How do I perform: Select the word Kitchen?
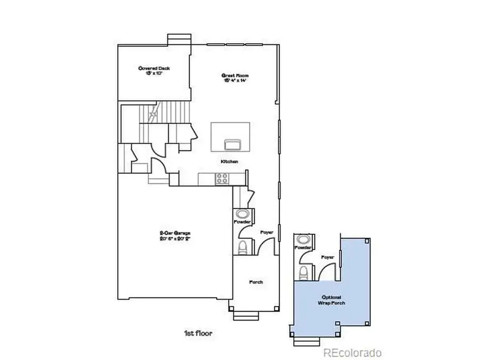click(229, 161)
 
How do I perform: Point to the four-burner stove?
click(222, 179)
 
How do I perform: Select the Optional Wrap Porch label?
click(332, 300)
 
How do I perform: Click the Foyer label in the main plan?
click(267, 233)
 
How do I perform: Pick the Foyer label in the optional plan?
click(327, 257)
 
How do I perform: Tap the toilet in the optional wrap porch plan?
click(303, 273)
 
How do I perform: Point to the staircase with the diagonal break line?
click(154, 114)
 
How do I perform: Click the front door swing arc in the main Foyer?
click(263, 245)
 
